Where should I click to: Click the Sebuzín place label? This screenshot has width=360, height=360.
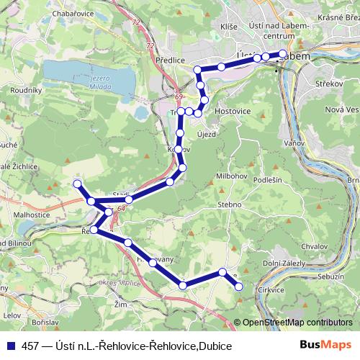[330, 276]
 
